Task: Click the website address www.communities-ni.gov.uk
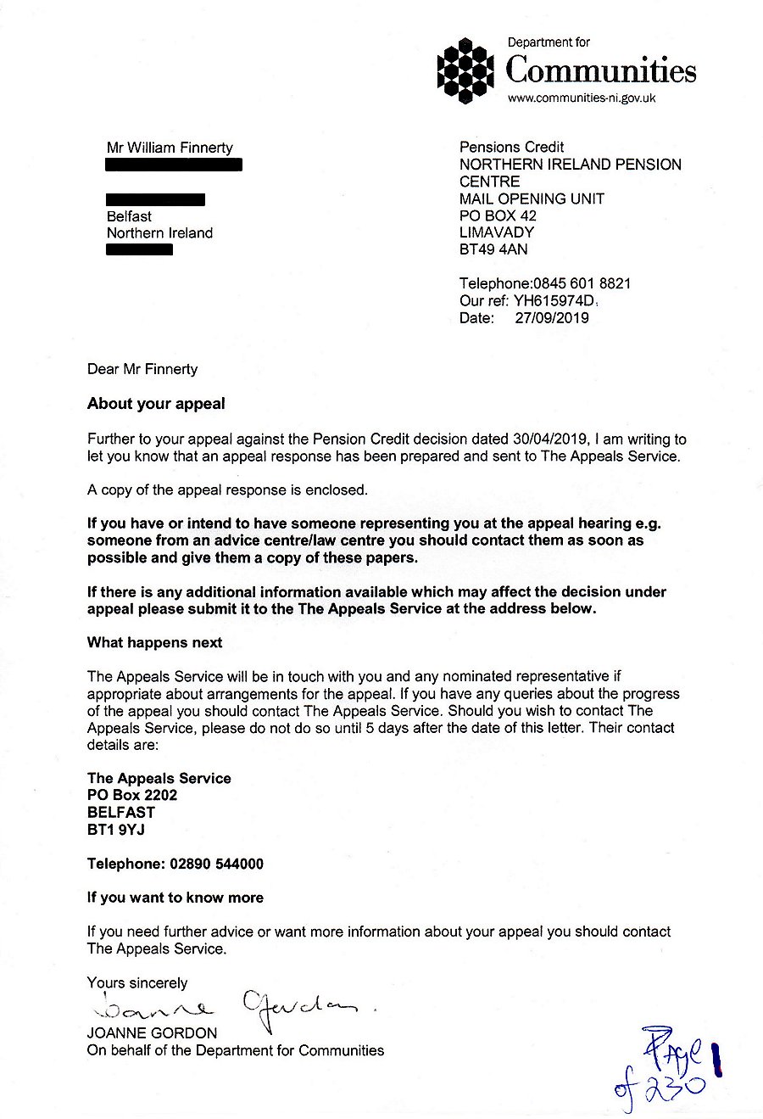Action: coord(581,98)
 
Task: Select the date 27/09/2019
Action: coord(552,318)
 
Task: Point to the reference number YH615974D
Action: coord(555,301)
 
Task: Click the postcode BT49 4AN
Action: coord(493,249)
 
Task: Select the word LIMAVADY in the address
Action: coord(497,232)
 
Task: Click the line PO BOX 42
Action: coord(498,215)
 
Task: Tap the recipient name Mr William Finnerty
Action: coord(170,148)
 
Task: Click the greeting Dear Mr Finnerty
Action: coord(142,369)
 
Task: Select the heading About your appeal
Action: coord(156,404)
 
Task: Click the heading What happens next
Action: coord(154,642)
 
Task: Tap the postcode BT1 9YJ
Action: coord(116,830)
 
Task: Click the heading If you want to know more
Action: coord(175,898)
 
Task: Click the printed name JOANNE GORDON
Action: coord(152,1033)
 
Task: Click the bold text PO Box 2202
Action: coord(132,795)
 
